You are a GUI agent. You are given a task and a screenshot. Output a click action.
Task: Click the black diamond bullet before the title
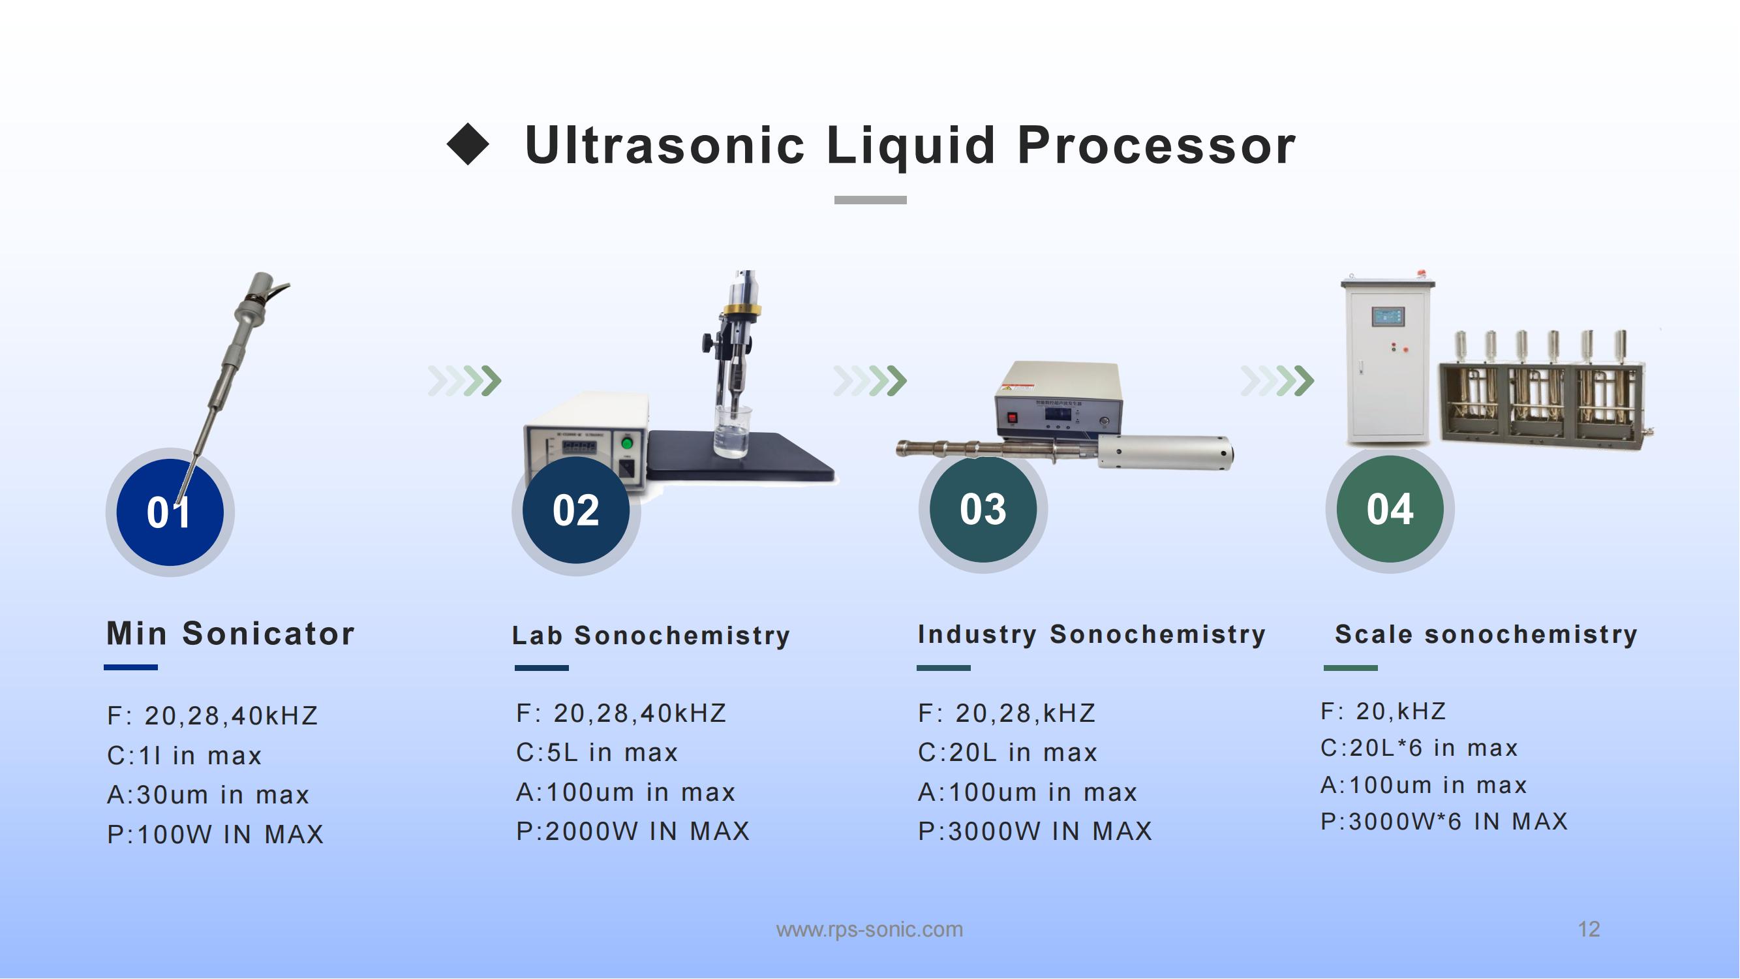tap(467, 144)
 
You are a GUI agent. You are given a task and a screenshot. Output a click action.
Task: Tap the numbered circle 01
tap(170, 512)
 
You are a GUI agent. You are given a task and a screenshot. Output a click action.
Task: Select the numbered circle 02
tap(576, 510)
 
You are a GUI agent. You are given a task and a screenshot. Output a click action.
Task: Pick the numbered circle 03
tap(983, 509)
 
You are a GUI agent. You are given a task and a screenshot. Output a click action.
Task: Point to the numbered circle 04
tap(1390, 509)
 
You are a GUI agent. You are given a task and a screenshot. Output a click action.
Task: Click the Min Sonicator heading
tap(230, 634)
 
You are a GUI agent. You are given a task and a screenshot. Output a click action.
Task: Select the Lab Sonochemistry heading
tap(650, 636)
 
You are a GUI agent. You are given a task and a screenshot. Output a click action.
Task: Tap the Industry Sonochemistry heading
tap(1091, 634)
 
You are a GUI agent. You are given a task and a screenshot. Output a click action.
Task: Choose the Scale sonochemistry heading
tap(1486, 634)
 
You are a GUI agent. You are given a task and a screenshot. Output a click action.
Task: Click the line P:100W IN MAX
tap(215, 834)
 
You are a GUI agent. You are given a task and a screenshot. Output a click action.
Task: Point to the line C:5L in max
tap(597, 753)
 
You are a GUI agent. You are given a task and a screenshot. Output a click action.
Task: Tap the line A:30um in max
tap(208, 794)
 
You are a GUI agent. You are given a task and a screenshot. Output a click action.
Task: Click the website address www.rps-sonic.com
tap(869, 929)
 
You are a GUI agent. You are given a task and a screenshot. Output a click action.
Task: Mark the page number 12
tap(1589, 929)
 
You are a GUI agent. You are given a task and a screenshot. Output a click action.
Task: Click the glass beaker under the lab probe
tap(733, 431)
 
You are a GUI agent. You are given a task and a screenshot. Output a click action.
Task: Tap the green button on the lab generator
tap(627, 444)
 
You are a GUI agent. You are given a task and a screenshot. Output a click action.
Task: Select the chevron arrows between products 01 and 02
tap(465, 381)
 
